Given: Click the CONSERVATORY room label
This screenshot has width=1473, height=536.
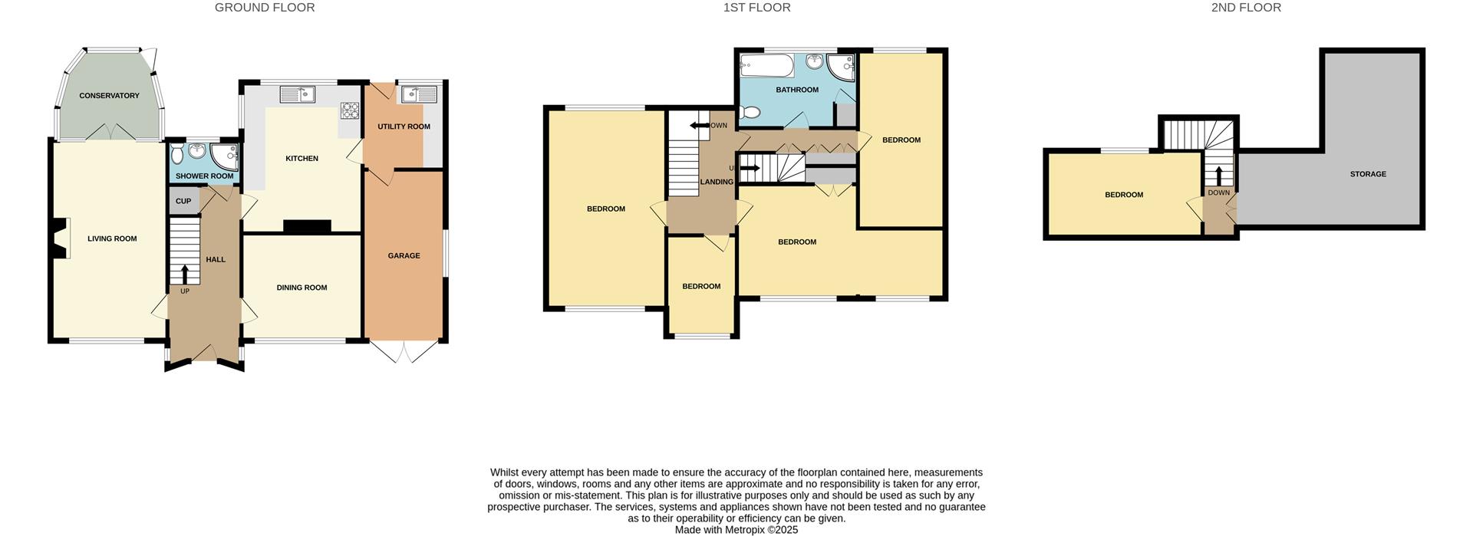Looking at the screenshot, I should click(109, 96).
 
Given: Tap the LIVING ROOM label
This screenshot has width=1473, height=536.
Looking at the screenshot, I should click(112, 238).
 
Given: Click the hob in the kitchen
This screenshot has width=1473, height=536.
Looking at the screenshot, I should click(351, 111).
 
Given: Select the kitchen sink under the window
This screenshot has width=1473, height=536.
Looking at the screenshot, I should click(298, 94).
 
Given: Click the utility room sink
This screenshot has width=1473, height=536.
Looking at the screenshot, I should click(418, 94).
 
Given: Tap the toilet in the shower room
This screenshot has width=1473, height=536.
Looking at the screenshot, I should click(178, 156).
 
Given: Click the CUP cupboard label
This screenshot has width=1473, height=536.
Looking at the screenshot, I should click(183, 202).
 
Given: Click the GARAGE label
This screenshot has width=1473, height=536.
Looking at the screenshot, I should click(404, 256).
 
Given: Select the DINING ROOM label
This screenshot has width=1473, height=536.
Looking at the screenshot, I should click(302, 288).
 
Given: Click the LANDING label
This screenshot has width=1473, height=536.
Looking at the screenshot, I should click(717, 182).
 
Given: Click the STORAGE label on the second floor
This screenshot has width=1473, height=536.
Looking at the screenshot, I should click(1368, 174).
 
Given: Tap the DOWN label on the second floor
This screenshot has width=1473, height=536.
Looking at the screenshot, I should click(1218, 192).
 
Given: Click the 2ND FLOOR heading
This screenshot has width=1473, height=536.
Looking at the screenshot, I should click(1246, 8).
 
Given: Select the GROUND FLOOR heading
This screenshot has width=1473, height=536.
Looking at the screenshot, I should click(265, 8).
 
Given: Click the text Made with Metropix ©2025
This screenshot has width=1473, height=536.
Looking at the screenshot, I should click(736, 530).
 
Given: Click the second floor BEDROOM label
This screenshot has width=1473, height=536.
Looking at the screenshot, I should click(1124, 195).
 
